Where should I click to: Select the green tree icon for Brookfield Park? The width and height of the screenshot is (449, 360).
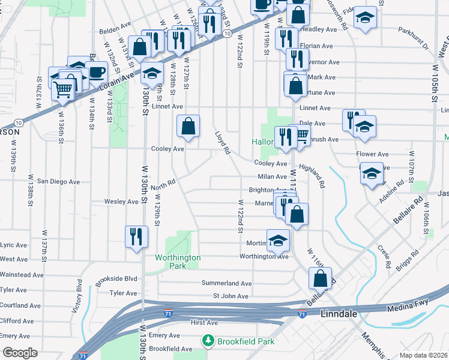209,341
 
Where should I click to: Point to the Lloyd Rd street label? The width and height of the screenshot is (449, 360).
223,143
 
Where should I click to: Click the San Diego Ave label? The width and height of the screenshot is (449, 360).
58,181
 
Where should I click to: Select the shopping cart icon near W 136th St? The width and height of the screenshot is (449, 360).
64,90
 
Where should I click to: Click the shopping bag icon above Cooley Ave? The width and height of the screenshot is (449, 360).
188,126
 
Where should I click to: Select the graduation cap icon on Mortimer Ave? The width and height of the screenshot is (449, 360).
277,241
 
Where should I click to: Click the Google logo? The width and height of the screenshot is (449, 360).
20,353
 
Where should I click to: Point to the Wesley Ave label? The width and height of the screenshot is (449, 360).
121,202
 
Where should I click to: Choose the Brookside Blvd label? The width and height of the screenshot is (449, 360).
118,278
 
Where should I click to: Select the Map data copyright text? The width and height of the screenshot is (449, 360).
424,355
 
